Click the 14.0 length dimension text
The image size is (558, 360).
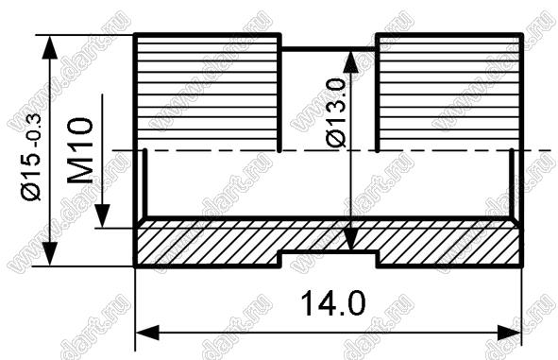[332, 303]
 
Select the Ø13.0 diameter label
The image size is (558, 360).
[336, 112]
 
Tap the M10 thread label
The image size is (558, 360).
[80, 150]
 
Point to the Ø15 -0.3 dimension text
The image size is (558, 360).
[32, 157]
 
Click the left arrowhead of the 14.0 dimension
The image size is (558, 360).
[147, 333]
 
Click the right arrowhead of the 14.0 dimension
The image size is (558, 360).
[509, 333]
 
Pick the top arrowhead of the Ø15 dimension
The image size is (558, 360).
[50, 46]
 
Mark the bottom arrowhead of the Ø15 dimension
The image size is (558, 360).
[50, 253]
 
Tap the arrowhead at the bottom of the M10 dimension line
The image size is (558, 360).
[103, 216]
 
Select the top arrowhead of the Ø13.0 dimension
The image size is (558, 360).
[351, 61]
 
